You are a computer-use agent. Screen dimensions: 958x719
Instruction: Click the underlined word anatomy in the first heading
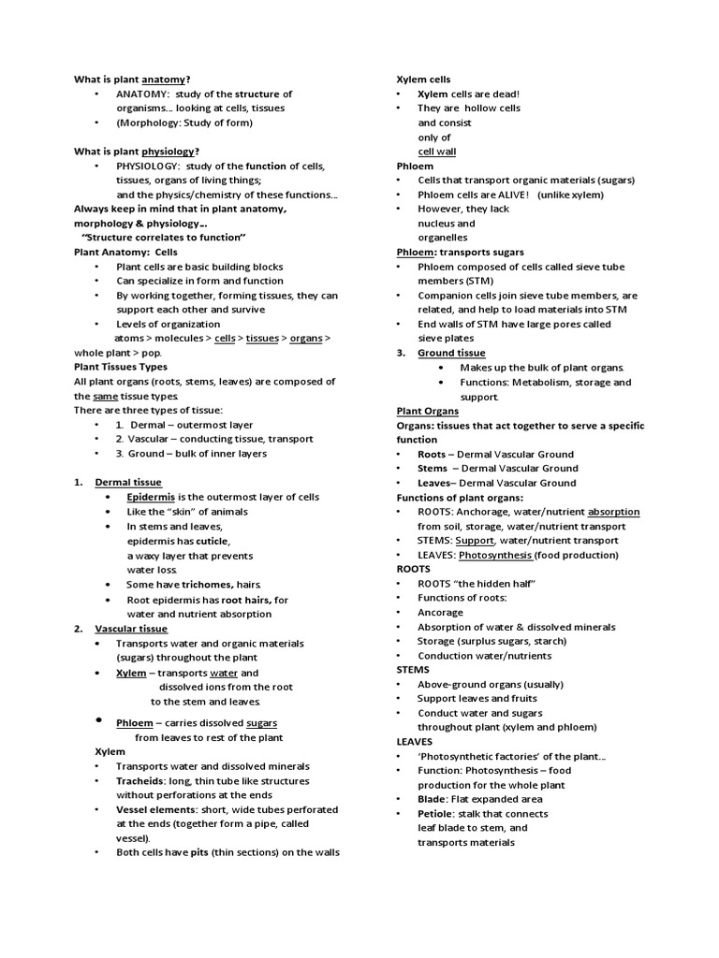pyautogui.click(x=164, y=80)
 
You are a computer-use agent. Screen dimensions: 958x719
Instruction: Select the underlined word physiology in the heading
pyautogui.click(x=169, y=152)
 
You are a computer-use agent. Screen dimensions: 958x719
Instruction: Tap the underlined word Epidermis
pyautogui.click(x=151, y=497)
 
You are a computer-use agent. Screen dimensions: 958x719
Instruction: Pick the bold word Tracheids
pyautogui.click(x=140, y=780)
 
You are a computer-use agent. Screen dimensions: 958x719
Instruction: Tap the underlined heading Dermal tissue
pyautogui.click(x=128, y=483)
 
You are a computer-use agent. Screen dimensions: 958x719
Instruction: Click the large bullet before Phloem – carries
pyautogui.click(x=98, y=720)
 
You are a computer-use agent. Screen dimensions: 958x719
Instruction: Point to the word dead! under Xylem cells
pyautogui.click(x=502, y=94)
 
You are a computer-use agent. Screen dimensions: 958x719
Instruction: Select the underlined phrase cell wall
pyautogui.click(x=436, y=152)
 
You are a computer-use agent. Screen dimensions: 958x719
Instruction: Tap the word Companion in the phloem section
pyautogui.click(x=448, y=296)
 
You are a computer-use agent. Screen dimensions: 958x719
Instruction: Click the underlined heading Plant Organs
pyautogui.click(x=427, y=411)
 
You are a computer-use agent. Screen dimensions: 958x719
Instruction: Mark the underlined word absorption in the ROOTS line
pyautogui.click(x=613, y=512)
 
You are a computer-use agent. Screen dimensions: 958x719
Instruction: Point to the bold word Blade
pyautogui.click(x=433, y=800)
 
